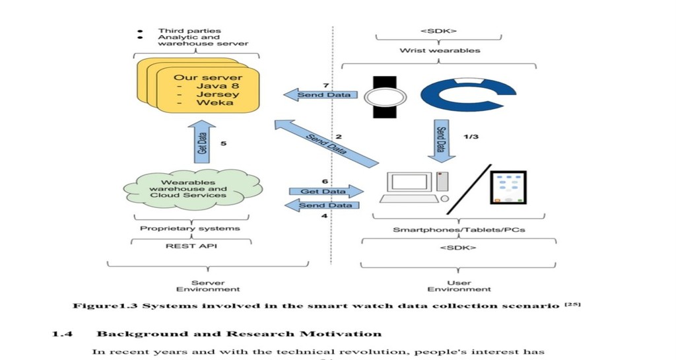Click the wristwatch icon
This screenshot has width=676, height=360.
coord(385,97)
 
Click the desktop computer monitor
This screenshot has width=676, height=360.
coord(409,182)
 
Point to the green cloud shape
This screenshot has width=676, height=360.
coord(192,190)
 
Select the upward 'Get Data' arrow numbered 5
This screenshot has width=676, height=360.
coord(202,142)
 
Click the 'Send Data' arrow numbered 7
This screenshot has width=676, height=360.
coord(320,94)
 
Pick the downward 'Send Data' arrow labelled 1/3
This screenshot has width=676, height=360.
coord(442,141)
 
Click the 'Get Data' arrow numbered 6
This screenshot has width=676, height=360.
coord(326,192)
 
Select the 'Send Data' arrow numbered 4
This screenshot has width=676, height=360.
coord(322,205)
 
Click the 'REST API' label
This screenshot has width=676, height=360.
coord(191,246)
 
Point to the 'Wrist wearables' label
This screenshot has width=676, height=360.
coord(440,50)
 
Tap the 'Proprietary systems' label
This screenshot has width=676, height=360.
coord(190,229)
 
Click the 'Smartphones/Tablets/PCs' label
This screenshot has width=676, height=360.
coord(459,230)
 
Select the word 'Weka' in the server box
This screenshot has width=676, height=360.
coord(215,102)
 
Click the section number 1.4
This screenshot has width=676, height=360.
coord(62,334)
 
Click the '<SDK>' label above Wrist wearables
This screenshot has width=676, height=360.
coord(438,31)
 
